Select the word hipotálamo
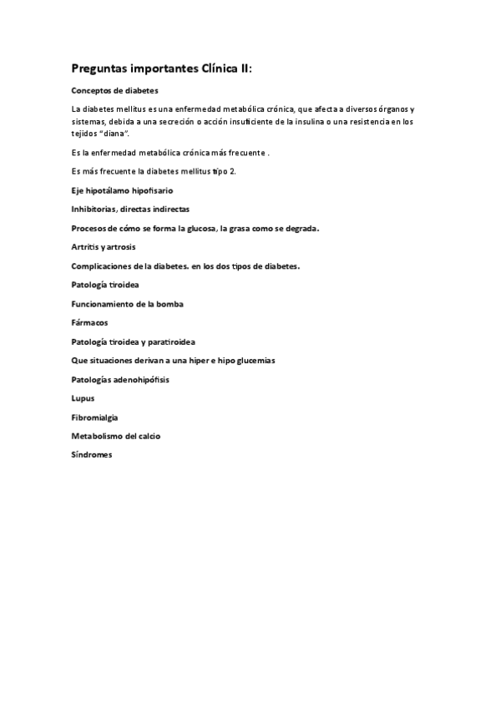pos(110,191)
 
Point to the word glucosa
pos(199,229)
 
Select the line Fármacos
pos(89,322)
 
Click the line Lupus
pos(83,398)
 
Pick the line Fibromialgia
pos(95,417)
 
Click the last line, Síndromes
pos(92,454)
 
